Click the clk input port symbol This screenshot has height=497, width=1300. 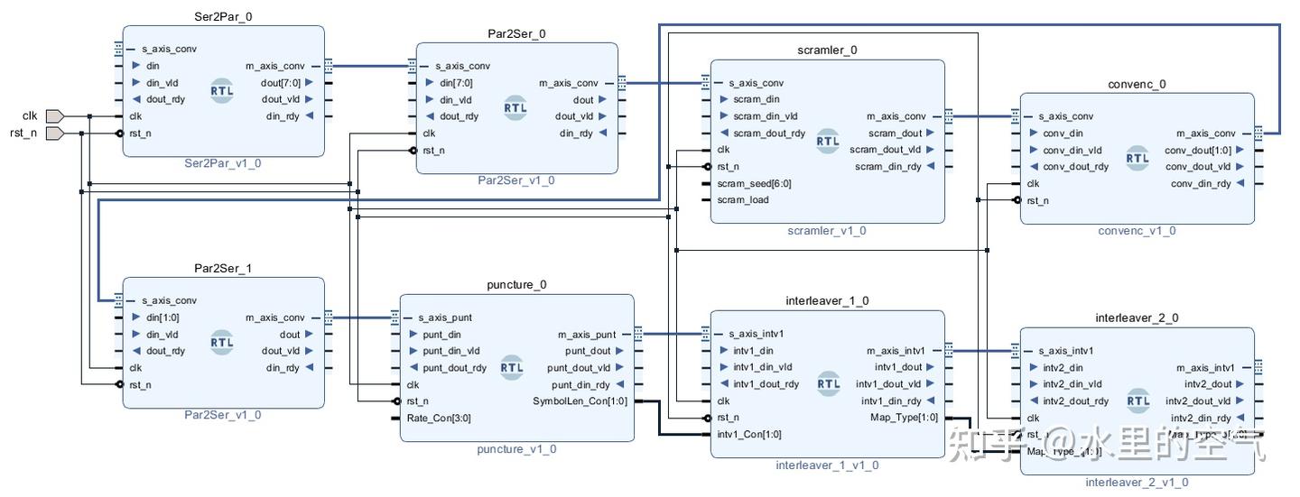[x=54, y=115]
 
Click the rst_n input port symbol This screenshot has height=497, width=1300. [x=54, y=133]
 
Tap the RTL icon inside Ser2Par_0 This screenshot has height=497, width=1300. [x=222, y=91]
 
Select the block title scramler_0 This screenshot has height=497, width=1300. [x=827, y=51]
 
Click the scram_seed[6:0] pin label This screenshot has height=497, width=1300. [x=754, y=183]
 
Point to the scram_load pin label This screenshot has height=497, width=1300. [x=743, y=200]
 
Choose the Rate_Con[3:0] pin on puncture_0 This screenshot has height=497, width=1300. [x=438, y=418]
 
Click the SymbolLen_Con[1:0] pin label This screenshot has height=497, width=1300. [x=580, y=401]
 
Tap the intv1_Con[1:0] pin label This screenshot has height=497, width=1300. [x=749, y=434]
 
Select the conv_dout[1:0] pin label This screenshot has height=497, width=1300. [x=1198, y=150]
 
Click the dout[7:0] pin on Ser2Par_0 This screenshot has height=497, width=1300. [x=281, y=83]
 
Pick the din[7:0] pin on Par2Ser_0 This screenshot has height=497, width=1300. [x=456, y=83]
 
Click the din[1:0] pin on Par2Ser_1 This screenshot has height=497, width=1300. [x=162, y=318]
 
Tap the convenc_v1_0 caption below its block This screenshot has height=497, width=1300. [x=1137, y=231]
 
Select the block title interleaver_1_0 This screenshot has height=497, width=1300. [x=827, y=300]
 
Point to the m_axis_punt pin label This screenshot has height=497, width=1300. [x=587, y=335]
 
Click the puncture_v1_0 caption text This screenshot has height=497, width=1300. [x=516, y=449]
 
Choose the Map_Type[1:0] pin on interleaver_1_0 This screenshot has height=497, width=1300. [x=903, y=418]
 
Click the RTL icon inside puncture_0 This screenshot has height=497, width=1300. [x=512, y=367]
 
